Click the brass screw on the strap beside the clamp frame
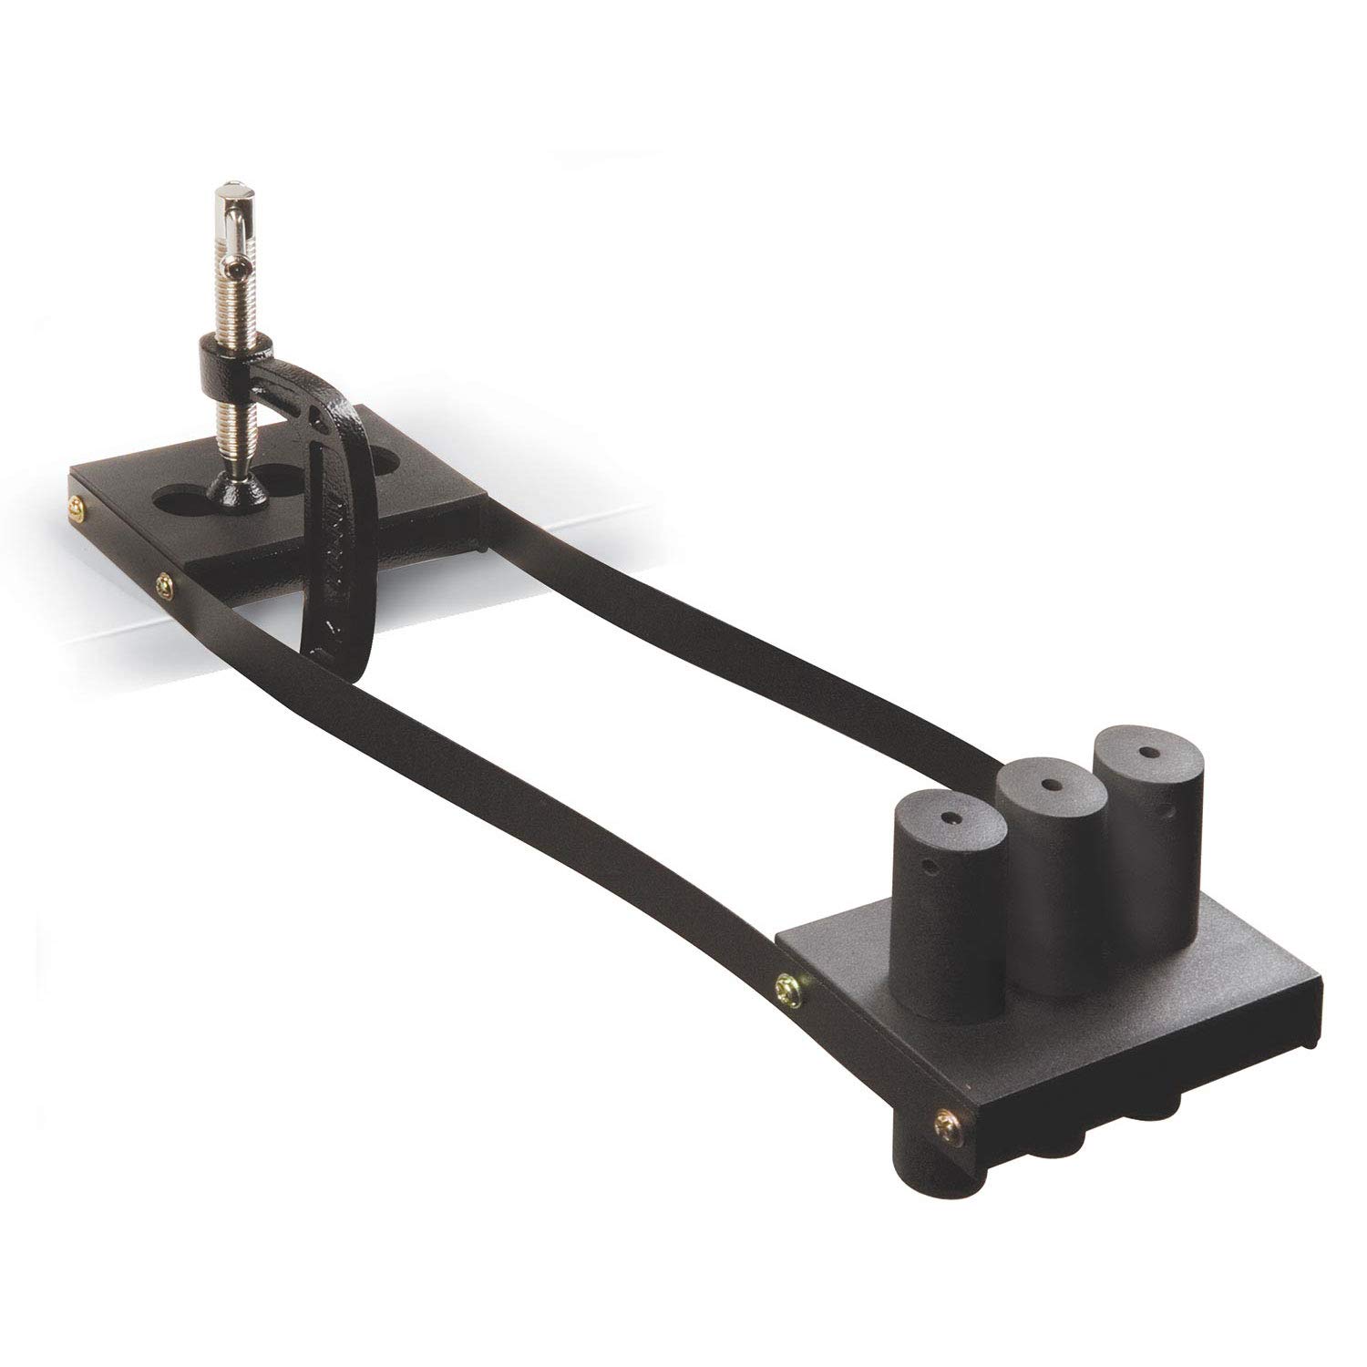click(165, 577)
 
